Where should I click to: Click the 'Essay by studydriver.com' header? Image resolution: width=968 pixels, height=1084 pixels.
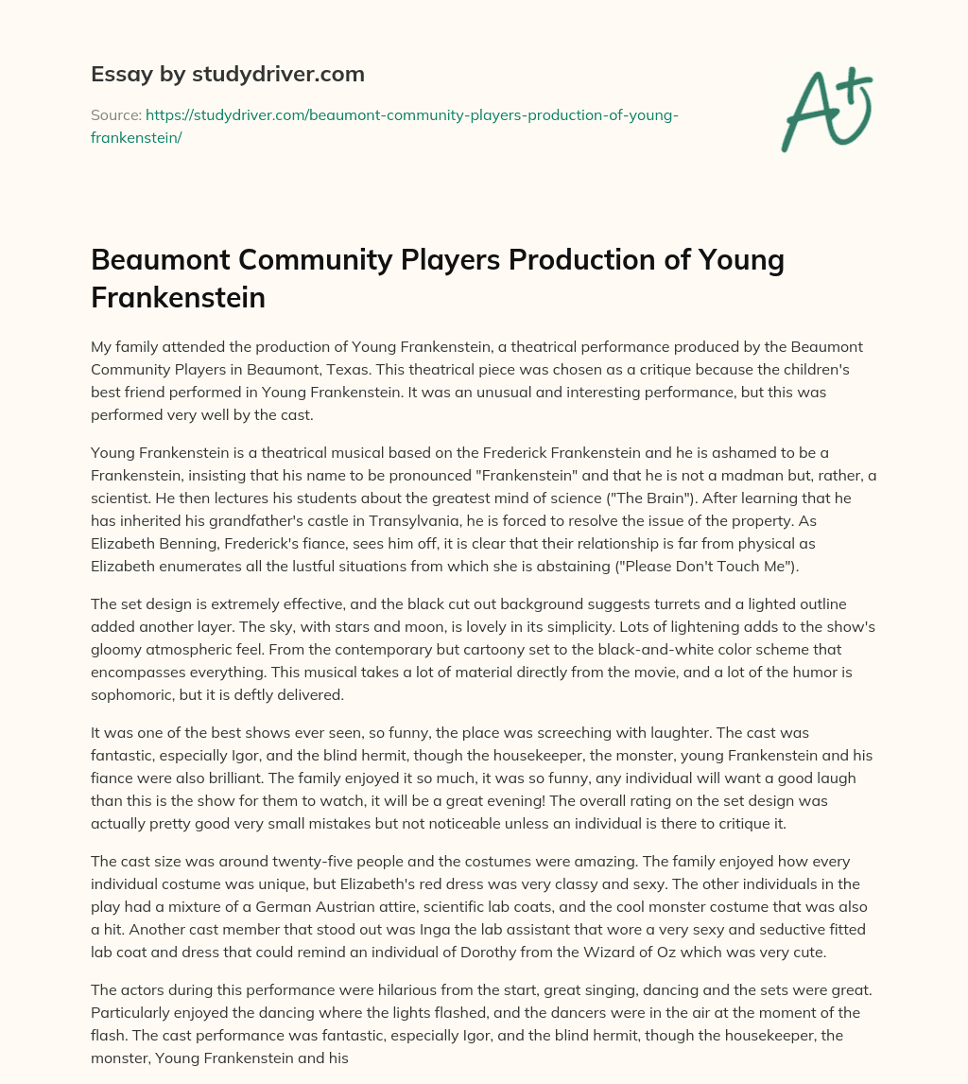coord(228,73)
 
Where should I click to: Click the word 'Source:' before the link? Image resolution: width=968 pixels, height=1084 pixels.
coord(115,114)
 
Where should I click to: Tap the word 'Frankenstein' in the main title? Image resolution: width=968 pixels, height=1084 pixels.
coord(178,297)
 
